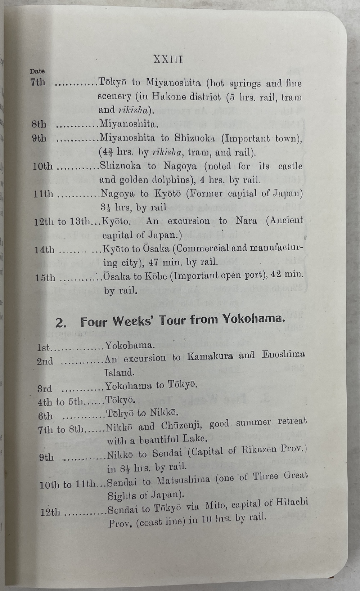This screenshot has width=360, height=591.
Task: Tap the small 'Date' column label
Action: tap(37, 71)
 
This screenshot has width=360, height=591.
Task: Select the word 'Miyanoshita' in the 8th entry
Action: tap(128, 124)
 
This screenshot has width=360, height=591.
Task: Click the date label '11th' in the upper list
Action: tap(43, 194)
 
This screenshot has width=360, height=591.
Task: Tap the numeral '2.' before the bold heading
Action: tap(61, 323)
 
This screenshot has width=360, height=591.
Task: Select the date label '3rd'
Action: tap(45, 389)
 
